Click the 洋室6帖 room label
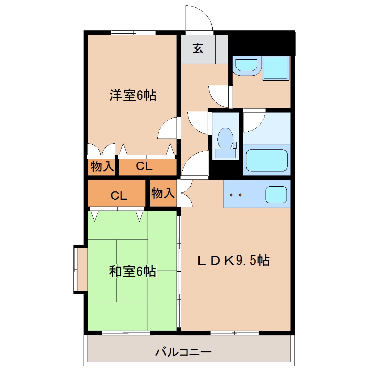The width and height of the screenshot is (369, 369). point(133,95)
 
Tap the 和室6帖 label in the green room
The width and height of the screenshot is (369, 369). point(132,271)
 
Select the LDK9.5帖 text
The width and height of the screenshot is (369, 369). point(233,260)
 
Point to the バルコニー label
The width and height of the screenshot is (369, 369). point(183,352)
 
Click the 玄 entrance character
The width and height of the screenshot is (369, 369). point(198,48)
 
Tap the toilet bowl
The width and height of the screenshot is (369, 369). point(225,139)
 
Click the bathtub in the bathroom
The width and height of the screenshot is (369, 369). point(267,160)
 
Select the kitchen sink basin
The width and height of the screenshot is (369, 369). point(276,195)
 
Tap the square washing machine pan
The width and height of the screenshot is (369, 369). point(276,68)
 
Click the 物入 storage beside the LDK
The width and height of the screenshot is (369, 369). point(163,193)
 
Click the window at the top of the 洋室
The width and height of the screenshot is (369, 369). point(133,33)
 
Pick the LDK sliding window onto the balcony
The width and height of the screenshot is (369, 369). point(235,333)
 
